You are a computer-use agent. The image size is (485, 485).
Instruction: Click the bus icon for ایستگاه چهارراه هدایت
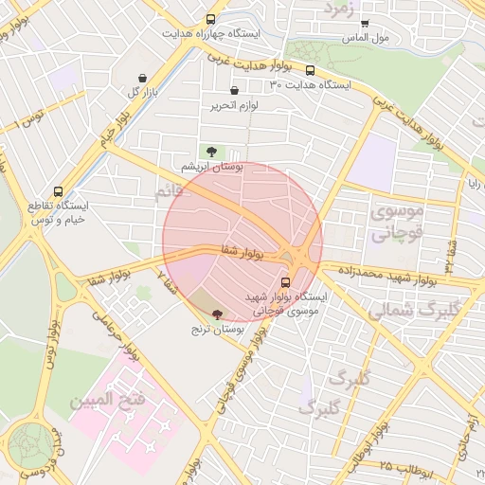(x=209, y=18)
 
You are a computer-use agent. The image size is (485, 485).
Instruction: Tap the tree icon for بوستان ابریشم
(x=210, y=151)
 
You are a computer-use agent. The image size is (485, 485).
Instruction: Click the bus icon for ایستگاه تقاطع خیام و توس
(x=60, y=191)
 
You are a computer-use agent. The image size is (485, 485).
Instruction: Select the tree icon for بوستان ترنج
(x=217, y=314)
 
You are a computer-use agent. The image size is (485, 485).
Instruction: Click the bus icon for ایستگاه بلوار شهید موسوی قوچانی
(x=286, y=281)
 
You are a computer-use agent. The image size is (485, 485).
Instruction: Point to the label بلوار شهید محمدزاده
(x=372, y=276)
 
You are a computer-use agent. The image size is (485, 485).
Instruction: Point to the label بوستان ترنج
(x=219, y=329)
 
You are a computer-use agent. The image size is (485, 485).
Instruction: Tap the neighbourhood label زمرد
(x=338, y=9)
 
